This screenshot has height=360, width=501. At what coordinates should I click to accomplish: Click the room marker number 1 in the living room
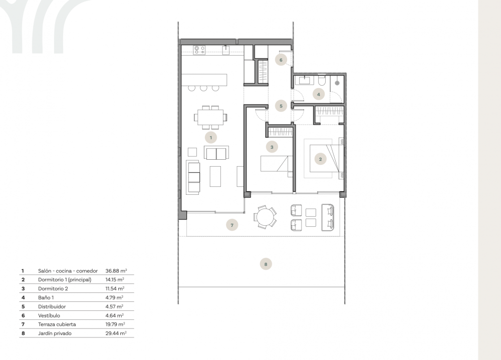(211, 136)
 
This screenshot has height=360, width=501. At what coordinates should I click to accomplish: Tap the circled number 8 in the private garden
(266, 263)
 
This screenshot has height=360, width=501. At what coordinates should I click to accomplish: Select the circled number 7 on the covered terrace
(231, 225)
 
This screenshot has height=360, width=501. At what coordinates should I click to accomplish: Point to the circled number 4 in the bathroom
(318, 94)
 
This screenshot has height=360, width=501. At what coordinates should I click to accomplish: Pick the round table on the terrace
(264, 218)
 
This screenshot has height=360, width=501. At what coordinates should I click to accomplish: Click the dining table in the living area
(210, 118)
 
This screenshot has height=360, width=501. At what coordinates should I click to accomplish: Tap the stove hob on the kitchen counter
(200, 49)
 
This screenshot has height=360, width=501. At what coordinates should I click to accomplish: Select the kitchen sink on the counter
(226, 49)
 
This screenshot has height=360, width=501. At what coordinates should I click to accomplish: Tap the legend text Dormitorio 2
(52, 289)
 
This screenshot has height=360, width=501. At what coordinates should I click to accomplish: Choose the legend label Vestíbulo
(49, 315)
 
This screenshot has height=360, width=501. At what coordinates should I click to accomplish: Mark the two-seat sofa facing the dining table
(216, 153)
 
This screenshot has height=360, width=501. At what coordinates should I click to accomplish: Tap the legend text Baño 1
(47, 297)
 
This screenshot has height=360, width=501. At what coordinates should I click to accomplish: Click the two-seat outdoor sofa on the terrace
(328, 218)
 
